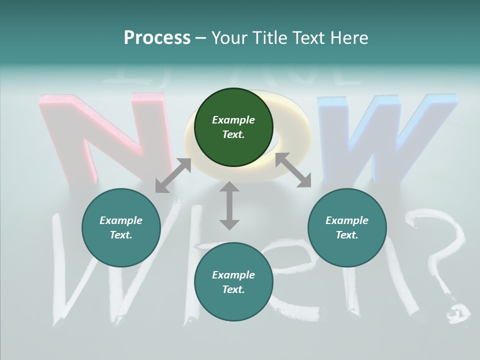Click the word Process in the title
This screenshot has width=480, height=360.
tap(157, 38)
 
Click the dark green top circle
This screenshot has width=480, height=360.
tap(233, 127)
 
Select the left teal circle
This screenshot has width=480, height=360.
tap(121, 227)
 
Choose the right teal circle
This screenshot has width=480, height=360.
tap(347, 227)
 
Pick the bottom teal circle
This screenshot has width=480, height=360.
tap(233, 282)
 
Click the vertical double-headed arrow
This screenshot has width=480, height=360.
tap(229, 205)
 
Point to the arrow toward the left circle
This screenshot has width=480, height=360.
tap(173, 175)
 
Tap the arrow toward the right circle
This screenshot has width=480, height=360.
tap(293, 170)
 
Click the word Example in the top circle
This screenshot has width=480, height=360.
tap(233, 120)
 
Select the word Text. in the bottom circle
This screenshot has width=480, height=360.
tap(233, 289)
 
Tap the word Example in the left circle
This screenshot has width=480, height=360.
tap(121, 220)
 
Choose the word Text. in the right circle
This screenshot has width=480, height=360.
tap(347, 235)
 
